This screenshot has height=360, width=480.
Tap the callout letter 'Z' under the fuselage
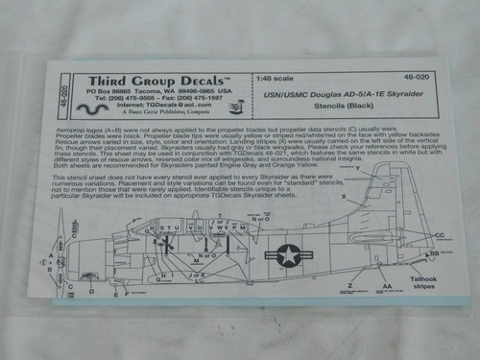tap(351, 285)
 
